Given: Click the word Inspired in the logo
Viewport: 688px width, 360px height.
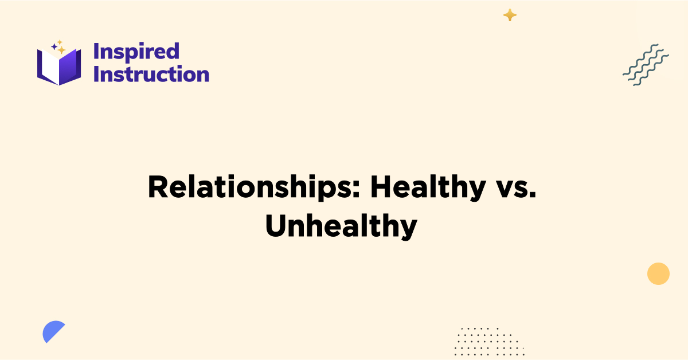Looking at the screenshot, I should tap(136, 52).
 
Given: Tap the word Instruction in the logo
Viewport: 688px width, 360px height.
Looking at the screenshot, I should tap(151, 75).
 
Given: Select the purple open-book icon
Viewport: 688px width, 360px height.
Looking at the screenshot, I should tap(59, 65).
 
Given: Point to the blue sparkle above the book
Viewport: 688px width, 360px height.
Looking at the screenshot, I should tap(54, 46).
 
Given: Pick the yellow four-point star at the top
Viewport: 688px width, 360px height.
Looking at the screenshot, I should tap(510, 15).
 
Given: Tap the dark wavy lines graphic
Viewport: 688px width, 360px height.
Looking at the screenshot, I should tap(646, 65).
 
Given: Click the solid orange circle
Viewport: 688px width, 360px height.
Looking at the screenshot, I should tap(658, 273).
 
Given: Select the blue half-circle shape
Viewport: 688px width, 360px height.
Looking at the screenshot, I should tap(53, 332).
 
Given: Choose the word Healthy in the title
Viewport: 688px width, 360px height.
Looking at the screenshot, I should tap(427, 188).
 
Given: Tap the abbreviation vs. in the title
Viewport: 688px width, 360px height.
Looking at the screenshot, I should tap(515, 188).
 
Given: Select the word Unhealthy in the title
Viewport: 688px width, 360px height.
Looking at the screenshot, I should tap(341, 227).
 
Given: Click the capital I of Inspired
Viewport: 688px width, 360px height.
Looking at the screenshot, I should tap(96, 52).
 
